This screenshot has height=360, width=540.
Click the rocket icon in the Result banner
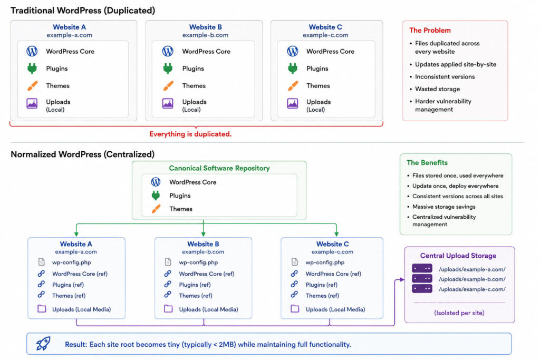tap(43, 344)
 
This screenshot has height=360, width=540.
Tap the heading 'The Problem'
tap(430, 30)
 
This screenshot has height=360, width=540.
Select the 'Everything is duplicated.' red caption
tap(190, 134)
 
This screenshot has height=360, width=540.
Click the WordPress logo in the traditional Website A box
tap(32, 51)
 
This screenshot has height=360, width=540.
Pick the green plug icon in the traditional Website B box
tap(168, 68)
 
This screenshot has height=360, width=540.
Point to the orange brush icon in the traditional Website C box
tap(293, 85)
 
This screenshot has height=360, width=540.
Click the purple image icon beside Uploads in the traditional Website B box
tap(168, 103)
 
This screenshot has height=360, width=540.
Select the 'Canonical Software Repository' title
tap(219, 168)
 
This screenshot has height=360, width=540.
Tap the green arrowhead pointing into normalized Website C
tap(336, 234)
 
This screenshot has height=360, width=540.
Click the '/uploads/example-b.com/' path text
tap(472, 279)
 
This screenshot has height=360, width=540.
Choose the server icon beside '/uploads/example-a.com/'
tap(422, 268)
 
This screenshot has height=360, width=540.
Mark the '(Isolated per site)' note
tap(459, 313)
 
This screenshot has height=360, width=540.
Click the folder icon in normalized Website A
tap(42, 308)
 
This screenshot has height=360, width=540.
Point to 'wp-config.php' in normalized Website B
tap(198, 262)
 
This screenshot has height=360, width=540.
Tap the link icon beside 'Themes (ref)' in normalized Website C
tap(294, 295)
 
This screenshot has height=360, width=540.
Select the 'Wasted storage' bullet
tap(437, 89)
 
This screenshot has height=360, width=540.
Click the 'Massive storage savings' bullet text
tap(444, 207)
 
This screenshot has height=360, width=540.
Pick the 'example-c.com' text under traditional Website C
tap(325, 35)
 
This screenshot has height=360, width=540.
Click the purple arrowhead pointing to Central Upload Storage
tap(402, 280)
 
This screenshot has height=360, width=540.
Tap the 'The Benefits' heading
tap(427, 162)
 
